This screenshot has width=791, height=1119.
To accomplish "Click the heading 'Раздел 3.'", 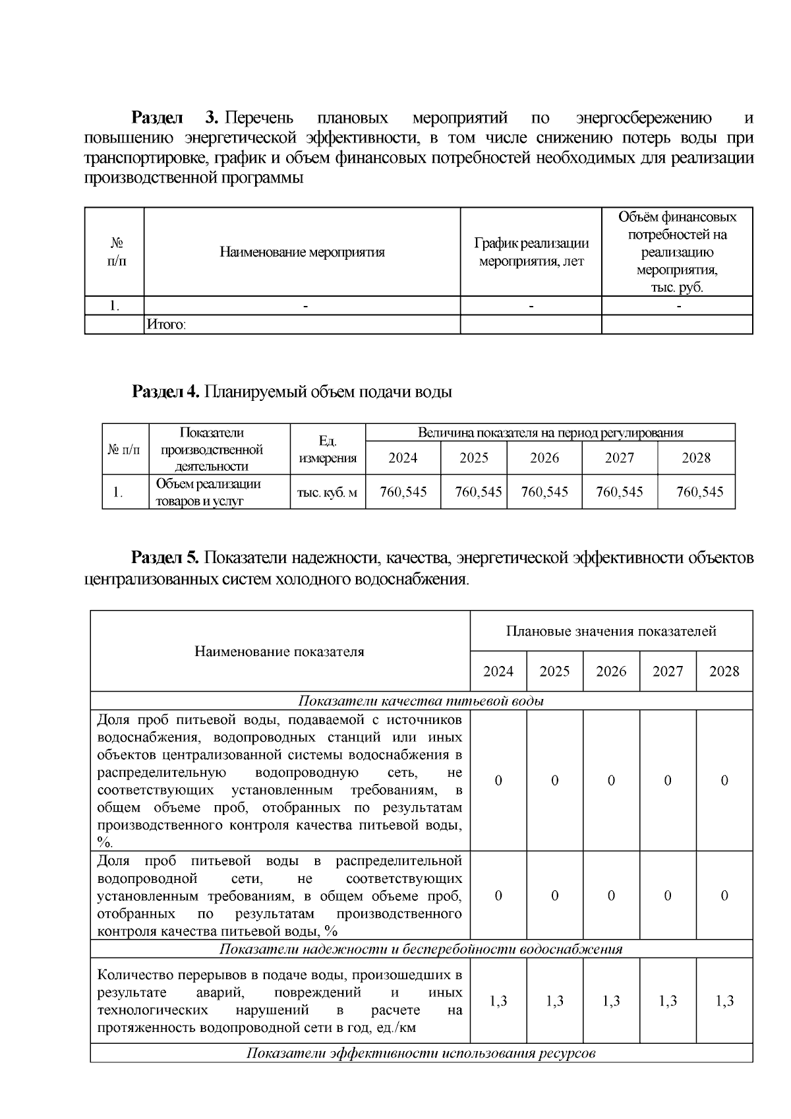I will tap(174, 118).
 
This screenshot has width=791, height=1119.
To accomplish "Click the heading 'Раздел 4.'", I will tap(165, 392).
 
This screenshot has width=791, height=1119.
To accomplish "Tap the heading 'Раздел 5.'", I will tap(165, 558).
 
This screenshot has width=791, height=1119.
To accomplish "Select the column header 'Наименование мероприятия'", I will tap(302, 252).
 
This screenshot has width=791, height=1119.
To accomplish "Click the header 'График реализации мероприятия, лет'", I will tap(531, 252).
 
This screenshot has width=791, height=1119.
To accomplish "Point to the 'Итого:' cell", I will tap(166, 325).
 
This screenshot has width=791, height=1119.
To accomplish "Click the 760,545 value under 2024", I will tap(403, 492).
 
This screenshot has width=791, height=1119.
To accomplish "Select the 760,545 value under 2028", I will tap(699, 492).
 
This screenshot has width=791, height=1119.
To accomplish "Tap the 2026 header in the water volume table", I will tap(544, 458).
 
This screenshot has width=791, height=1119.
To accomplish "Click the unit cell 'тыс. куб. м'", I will tap(328, 493).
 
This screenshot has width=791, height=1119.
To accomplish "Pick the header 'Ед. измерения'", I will tap(328, 450).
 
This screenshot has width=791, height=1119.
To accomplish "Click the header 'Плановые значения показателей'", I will tap(611, 631).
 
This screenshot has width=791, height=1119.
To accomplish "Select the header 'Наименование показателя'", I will tap(279, 651).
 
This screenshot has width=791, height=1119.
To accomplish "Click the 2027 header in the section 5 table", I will tap(668, 671).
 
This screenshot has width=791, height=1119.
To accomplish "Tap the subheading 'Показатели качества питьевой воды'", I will tap(421, 701).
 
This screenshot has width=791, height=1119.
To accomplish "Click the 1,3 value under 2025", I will tap(555, 1001).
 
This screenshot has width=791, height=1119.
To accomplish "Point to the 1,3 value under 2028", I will tap(724, 1001).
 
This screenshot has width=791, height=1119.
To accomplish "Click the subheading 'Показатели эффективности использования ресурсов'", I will tap(421, 1053).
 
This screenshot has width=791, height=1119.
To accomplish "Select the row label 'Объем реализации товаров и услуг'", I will tap(208, 493).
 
